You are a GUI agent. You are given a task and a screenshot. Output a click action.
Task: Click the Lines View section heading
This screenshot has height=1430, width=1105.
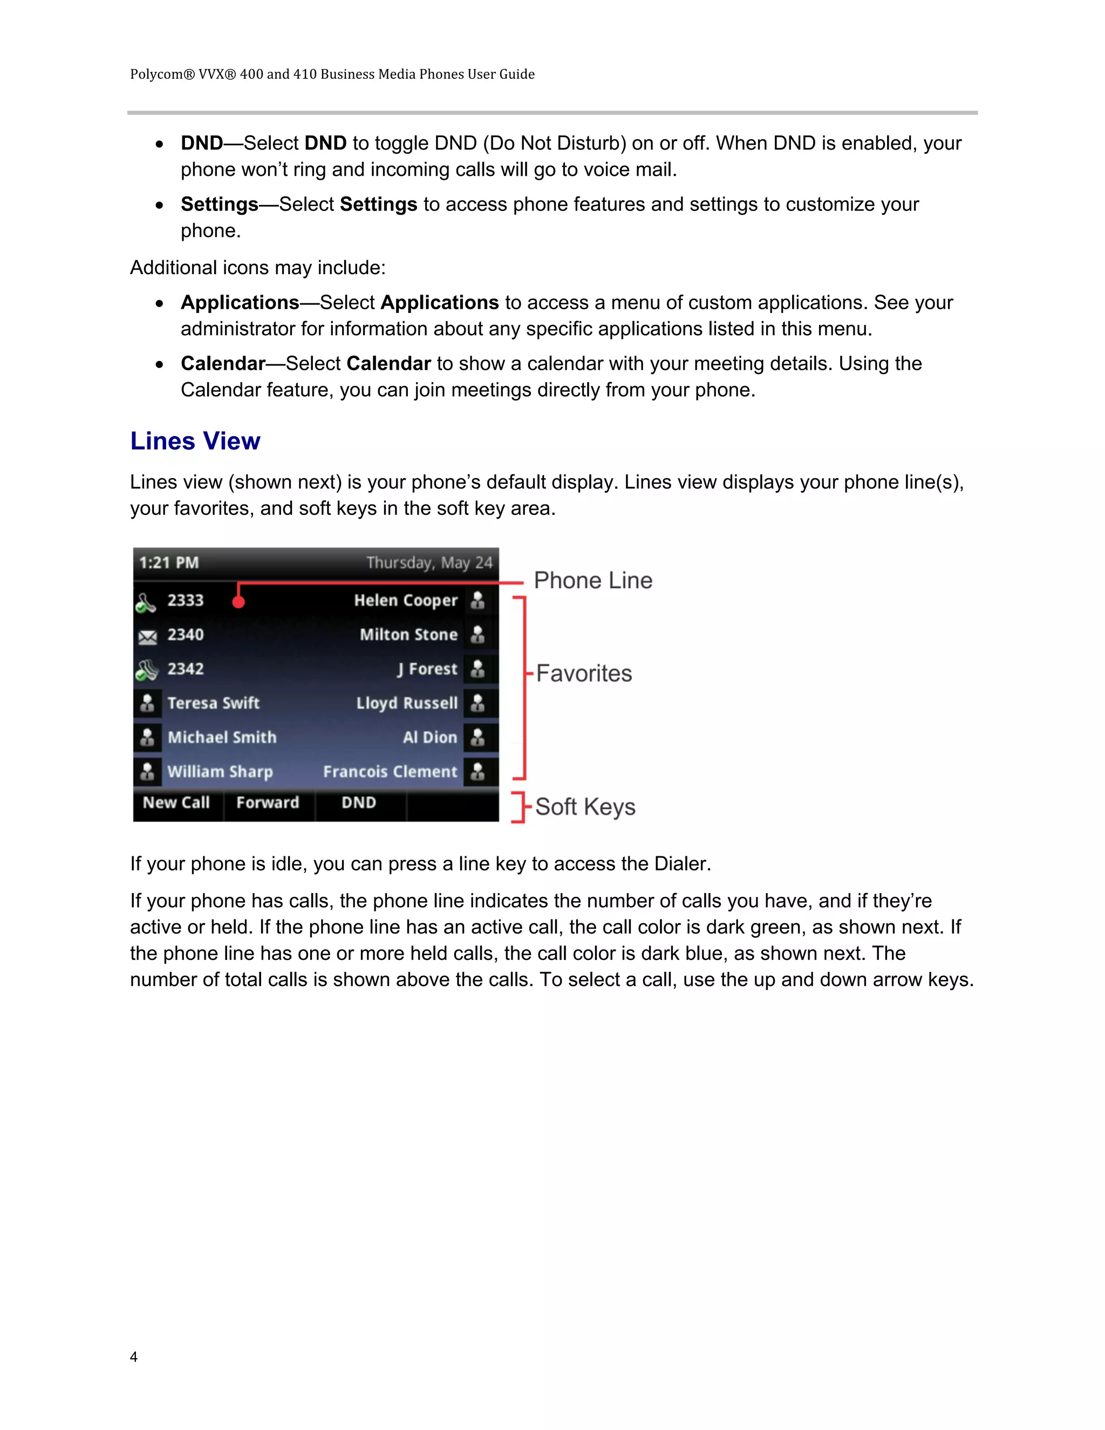[x=195, y=441]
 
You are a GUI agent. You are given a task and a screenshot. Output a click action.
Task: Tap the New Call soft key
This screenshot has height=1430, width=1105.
[x=176, y=803]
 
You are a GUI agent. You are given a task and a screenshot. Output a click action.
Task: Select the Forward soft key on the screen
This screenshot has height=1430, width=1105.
[x=268, y=803]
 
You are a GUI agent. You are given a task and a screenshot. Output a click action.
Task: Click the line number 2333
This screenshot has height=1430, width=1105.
[x=185, y=601]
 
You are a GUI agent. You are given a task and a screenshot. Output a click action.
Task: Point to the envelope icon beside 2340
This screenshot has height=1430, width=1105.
[x=147, y=636]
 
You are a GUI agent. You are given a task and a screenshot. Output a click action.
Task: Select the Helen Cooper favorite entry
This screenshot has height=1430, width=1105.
[x=406, y=601]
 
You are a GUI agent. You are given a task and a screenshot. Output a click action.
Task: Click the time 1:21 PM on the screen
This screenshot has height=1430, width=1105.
[x=169, y=563]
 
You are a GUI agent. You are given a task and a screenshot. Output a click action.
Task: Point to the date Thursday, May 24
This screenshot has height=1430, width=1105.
[x=429, y=563]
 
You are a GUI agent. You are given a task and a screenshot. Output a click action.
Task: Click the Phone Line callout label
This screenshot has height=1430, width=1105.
[x=593, y=581]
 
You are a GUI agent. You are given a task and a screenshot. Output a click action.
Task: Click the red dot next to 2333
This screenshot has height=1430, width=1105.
[x=238, y=601]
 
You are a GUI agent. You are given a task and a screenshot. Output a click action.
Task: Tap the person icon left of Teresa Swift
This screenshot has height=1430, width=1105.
[x=147, y=703]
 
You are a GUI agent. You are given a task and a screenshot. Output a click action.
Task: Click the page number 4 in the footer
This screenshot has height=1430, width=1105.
[x=134, y=1357]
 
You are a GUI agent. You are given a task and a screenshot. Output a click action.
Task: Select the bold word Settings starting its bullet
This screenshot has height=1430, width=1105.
[x=219, y=205]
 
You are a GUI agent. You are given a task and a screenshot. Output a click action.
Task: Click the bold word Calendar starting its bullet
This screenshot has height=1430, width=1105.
[x=223, y=363]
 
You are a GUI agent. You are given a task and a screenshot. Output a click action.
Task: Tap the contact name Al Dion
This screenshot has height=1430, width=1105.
[x=430, y=737]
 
